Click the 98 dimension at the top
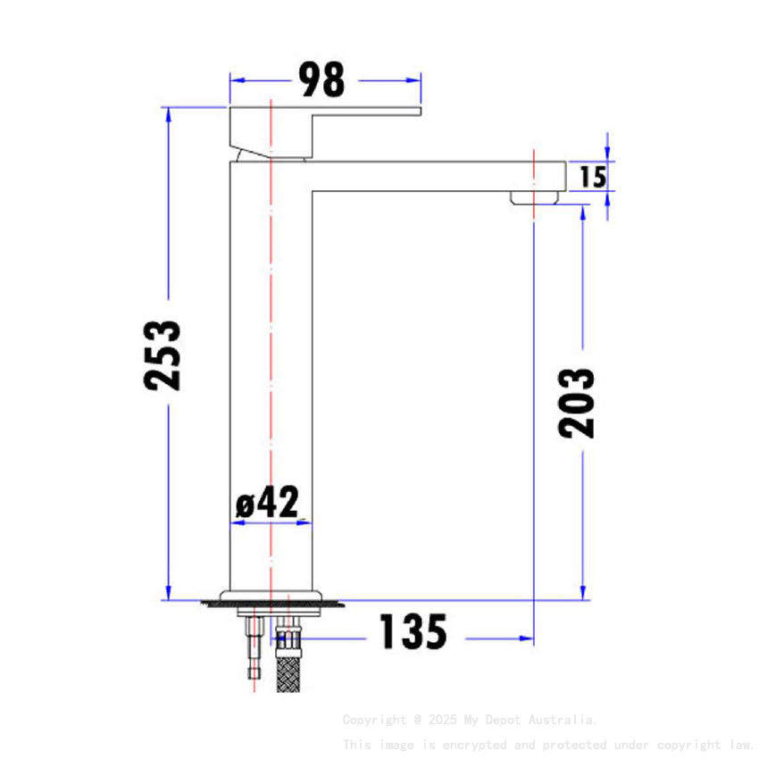321,80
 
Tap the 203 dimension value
577,402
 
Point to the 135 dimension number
413,632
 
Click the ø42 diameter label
267,503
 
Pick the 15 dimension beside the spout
592,177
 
